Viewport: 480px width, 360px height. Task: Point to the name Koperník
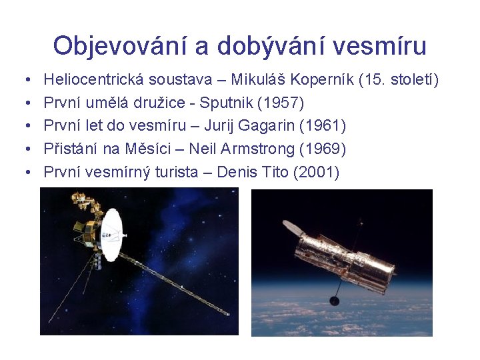(x=320, y=81)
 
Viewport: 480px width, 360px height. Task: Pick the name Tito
(x=275, y=173)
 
